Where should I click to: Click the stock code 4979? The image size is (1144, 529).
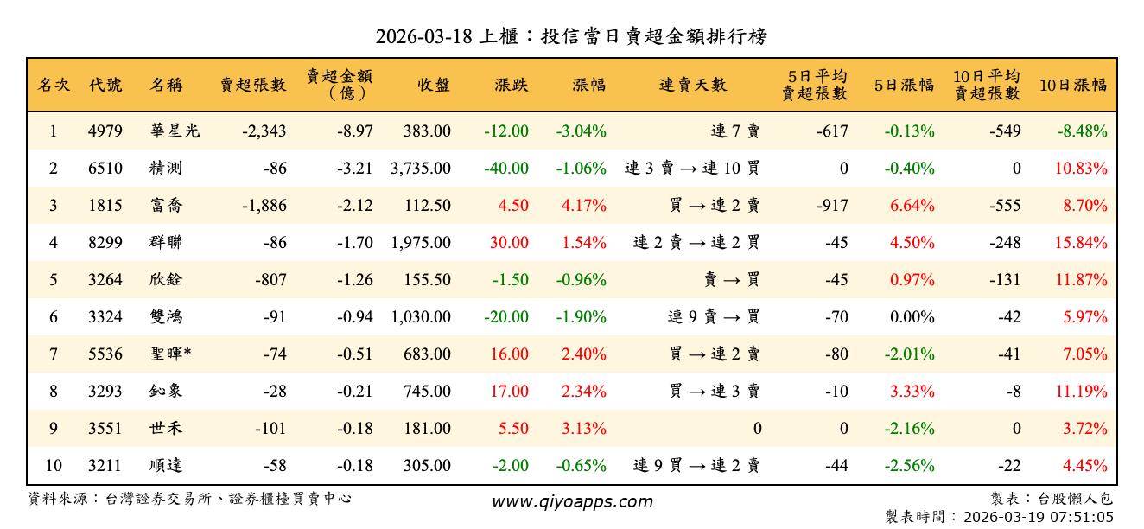(105, 131)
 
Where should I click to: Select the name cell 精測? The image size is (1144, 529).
(165, 169)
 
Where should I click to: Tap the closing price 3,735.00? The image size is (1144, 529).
(420, 169)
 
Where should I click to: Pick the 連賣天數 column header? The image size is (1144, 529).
(693, 85)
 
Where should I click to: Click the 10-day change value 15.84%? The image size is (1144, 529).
(1080, 243)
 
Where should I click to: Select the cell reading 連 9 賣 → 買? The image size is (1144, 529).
(714, 317)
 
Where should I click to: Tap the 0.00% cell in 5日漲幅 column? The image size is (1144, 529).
(912, 317)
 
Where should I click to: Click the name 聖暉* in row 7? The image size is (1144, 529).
(170, 354)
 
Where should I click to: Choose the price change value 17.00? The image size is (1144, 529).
(509, 392)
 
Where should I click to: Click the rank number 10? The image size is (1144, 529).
(54, 466)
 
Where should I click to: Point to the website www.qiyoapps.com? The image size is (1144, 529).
(572, 501)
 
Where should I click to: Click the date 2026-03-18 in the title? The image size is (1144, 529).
(424, 36)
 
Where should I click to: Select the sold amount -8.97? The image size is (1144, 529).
(355, 131)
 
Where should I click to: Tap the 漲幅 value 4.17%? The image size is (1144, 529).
(584, 206)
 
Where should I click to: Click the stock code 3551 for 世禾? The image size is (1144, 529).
(105, 429)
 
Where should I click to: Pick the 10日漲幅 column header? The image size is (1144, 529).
(1073, 85)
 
